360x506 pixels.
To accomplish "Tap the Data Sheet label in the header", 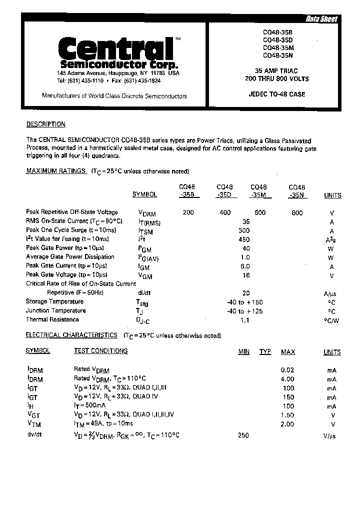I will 321,19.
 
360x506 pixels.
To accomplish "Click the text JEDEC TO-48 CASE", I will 276,94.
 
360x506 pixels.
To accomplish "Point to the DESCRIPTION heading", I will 45,124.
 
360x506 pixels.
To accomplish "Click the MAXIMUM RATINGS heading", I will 55,171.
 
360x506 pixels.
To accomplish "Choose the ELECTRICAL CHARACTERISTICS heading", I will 71,335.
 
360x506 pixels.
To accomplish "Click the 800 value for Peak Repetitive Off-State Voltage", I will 297,212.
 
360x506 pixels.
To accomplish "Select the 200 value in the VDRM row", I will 188,212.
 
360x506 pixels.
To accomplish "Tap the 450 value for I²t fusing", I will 243,239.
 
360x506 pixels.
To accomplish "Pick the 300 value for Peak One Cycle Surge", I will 243,230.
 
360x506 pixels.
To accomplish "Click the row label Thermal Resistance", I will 52,319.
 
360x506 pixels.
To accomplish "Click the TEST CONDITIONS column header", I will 100,351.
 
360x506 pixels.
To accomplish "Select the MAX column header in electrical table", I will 288,352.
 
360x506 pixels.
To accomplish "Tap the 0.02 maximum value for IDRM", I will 287,370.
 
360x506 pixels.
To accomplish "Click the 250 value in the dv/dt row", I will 243,435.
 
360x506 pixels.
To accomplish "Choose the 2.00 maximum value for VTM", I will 287,424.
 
